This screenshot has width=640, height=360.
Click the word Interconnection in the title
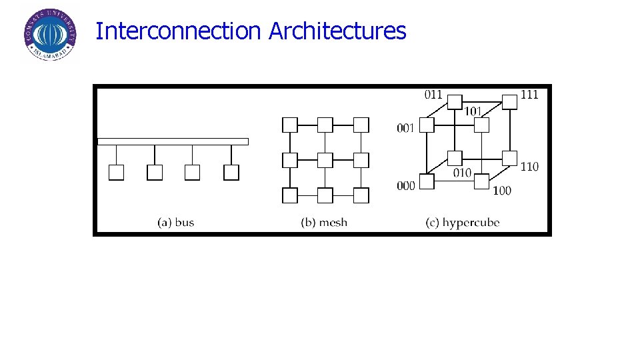click(178, 31)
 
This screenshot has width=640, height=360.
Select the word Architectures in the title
click(337, 31)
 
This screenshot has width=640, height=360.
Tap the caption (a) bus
click(176, 222)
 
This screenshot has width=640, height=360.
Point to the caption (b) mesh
click(324, 222)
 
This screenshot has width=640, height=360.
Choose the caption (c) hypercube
click(463, 222)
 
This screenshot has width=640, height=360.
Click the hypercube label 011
click(433, 94)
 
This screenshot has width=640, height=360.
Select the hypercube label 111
click(529, 94)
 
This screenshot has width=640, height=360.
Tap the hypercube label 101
click(473, 110)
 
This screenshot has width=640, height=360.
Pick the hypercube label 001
click(405, 127)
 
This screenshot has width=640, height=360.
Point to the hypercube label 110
click(529, 166)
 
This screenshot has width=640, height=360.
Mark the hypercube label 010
click(462, 173)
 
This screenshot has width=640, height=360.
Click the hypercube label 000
click(405, 186)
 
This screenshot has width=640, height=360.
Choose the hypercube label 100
click(502, 191)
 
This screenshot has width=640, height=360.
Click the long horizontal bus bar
click(173, 141)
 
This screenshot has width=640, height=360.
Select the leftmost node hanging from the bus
click(116, 173)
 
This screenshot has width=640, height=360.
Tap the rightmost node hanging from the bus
click(231, 173)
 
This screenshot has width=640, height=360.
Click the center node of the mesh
click(325, 160)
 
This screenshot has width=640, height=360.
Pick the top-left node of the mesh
click(290, 125)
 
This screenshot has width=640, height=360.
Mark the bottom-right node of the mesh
click(361, 195)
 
